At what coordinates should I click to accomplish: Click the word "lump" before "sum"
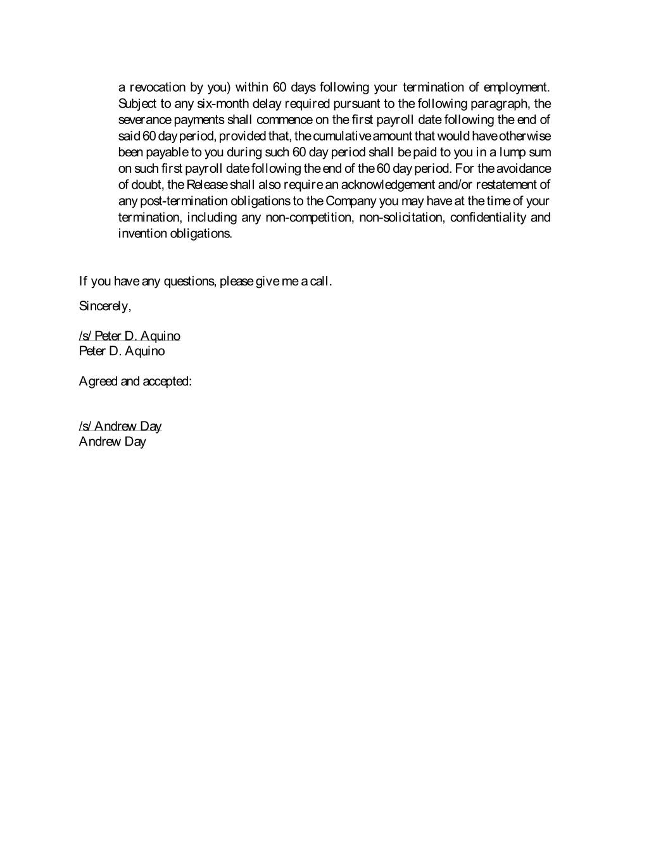(x=514, y=153)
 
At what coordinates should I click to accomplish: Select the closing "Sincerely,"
(x=105, y=306)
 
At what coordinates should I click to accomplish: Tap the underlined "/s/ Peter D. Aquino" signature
(x=129, y=336)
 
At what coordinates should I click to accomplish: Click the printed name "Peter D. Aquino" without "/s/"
(x=122, y=351)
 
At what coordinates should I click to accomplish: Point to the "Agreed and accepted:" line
(x=135, y=381)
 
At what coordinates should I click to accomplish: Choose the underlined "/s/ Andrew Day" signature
(x=120, y=427)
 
